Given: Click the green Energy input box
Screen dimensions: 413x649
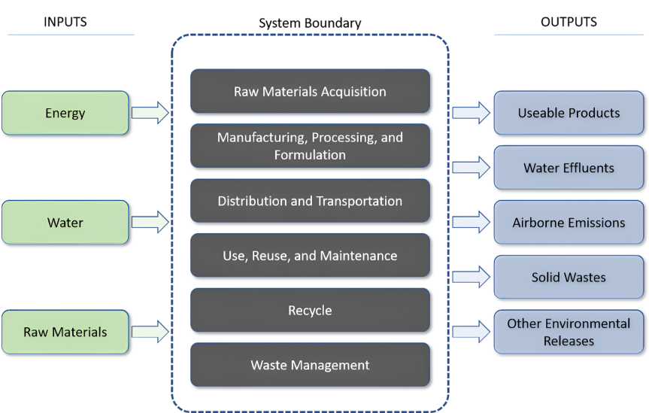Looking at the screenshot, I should pos(65,113).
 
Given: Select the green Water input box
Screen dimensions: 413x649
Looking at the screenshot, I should pos(65,222).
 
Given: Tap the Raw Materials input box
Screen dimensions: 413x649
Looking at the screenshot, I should pos(65,332).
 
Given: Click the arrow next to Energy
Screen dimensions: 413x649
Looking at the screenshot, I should pos(150,113).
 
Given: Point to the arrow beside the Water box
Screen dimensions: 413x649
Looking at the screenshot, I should pos(150,222).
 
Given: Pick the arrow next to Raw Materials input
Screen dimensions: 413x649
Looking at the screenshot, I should pos(150,332).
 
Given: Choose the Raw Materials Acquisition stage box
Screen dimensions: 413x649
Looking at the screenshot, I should pos(310,92).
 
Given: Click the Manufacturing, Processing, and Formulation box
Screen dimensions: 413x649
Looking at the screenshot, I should pos(310,146).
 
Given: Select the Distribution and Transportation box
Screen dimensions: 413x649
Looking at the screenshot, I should pos(310,201).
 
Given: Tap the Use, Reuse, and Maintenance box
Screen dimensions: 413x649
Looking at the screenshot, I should pos(310,256).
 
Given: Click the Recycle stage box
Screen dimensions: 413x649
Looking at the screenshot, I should pos(310,310).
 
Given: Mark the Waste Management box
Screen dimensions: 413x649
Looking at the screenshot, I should pos(310,365).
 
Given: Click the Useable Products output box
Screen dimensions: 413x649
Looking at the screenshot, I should pos(569,113).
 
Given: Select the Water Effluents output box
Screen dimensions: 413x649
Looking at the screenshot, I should pos(569,168).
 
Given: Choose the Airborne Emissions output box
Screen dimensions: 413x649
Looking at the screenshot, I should pos(569,223).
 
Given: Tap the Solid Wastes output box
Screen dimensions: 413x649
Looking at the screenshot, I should pos(569,277).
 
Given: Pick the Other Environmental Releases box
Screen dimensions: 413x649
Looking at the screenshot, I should pos(569,332).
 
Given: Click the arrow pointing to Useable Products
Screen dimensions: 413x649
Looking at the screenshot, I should pos(471,113).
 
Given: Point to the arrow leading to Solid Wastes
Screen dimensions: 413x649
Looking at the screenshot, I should pos(471,277).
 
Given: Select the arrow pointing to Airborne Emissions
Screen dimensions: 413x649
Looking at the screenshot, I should pos(471,223).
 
